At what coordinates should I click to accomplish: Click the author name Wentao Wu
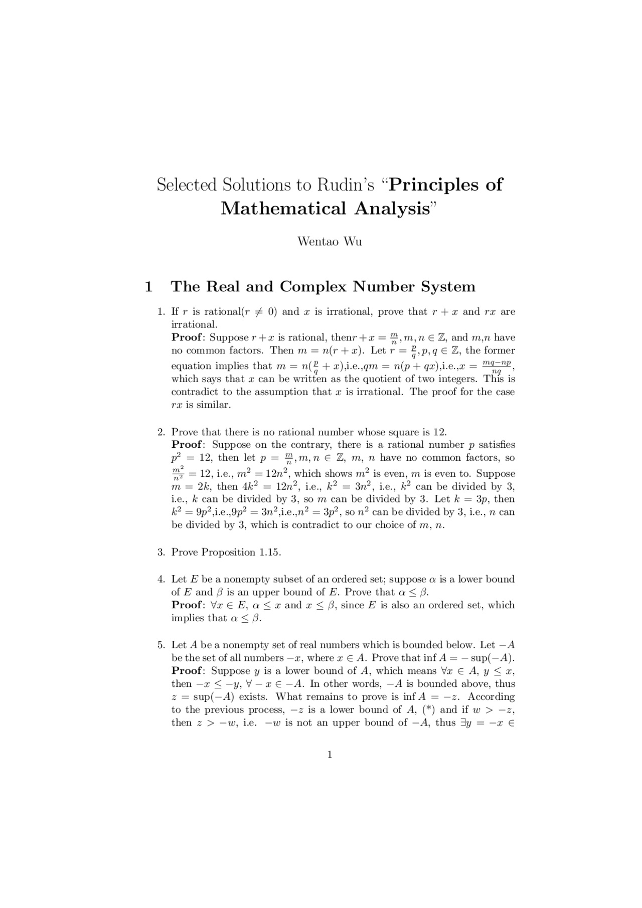[x=330, y=242]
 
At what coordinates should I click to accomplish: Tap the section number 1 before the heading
[x=148, y=287]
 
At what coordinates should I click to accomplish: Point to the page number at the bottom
[x=330, y=755]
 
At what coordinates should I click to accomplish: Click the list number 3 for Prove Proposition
[x=160, y=553]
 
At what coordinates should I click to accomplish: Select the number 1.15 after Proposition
[x=268, y=553]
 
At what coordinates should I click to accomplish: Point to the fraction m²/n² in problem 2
[x=178, y=474]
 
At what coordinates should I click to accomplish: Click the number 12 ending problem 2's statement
[x=439, y=432]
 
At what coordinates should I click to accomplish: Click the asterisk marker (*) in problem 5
[x=428, y=709]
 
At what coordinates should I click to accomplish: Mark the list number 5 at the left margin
[x=160, y=645]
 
